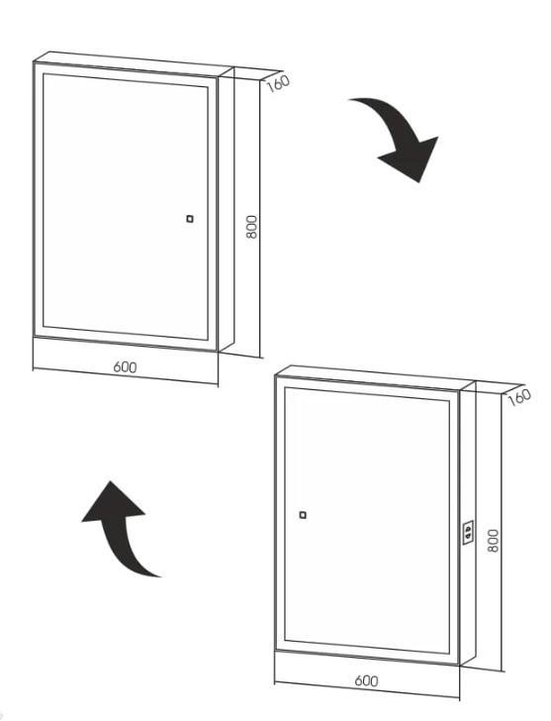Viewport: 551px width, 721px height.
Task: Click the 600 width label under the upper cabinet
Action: click(x=125, y=366)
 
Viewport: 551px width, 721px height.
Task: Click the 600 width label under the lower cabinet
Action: click(x=366, y=680)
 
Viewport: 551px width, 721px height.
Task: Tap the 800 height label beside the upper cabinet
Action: click(x=252, y=226)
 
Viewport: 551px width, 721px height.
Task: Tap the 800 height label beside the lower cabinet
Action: click(x=493, y=541)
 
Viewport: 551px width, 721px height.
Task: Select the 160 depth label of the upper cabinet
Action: click(x=278, y=83)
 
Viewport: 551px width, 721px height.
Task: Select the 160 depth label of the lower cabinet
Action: click(x=519, y=397)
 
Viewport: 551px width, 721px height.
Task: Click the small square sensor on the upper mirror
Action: click(x=190, y=219)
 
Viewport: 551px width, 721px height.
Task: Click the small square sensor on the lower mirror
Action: click(x=303, y=515)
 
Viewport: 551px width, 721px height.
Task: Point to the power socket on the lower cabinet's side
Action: click(x=468, y=533)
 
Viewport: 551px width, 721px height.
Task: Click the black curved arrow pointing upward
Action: click(x=121, y=529)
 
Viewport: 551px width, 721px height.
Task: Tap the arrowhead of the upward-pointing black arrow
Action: click(x=112, y=502)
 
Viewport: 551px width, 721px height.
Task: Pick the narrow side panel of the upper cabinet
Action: click(x=226, y=209)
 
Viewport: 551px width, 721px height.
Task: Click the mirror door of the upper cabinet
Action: click(x=125, y=207)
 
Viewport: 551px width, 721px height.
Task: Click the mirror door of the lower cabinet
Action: click(x=367, y=521)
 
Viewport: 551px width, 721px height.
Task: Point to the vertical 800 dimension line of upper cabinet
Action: click(x=260, y=219)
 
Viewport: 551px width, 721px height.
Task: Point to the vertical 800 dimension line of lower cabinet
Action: click(x=502, y=533)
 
